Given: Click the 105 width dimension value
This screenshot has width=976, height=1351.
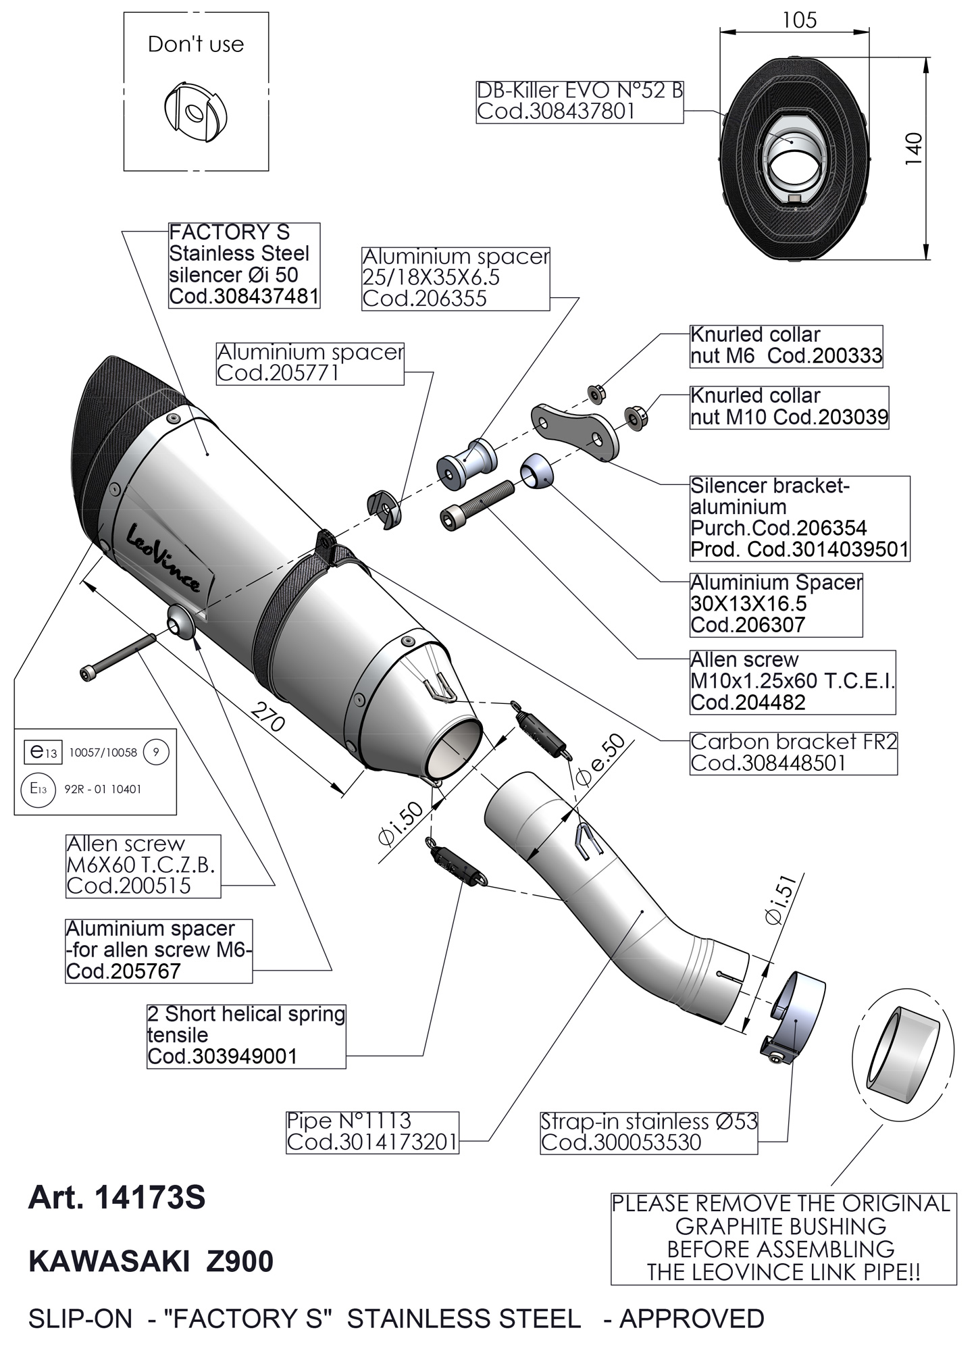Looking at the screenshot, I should [x=799, y=20].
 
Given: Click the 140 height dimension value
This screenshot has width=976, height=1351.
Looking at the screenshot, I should [x=913, y=149].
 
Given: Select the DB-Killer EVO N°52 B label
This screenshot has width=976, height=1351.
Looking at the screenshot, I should [x=580, y=101].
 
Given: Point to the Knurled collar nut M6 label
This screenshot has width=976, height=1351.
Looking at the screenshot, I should [x=786, y=345].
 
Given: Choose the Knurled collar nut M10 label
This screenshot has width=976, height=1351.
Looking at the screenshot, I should [x=788, y=407].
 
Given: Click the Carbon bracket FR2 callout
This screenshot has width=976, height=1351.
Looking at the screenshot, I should [x=793, y=752].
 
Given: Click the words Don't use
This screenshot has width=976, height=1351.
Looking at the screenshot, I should [x=196, y=45].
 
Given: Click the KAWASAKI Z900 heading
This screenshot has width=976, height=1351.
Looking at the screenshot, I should [x=151, y=1262].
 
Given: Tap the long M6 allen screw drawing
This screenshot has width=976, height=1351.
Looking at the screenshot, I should [x=118, y=655].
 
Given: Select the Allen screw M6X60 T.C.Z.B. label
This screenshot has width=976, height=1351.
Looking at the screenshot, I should [x=143, y=865].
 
